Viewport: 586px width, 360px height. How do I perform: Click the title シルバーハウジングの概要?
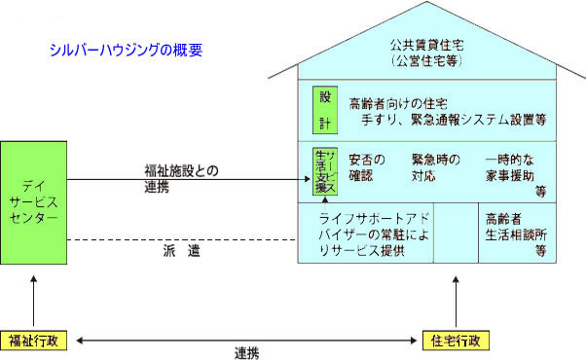(127, 48)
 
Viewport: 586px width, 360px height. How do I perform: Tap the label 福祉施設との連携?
(175, 177)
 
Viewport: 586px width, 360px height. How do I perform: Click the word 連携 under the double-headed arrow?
(247, 351)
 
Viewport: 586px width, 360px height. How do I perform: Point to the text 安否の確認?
(367, 167)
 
